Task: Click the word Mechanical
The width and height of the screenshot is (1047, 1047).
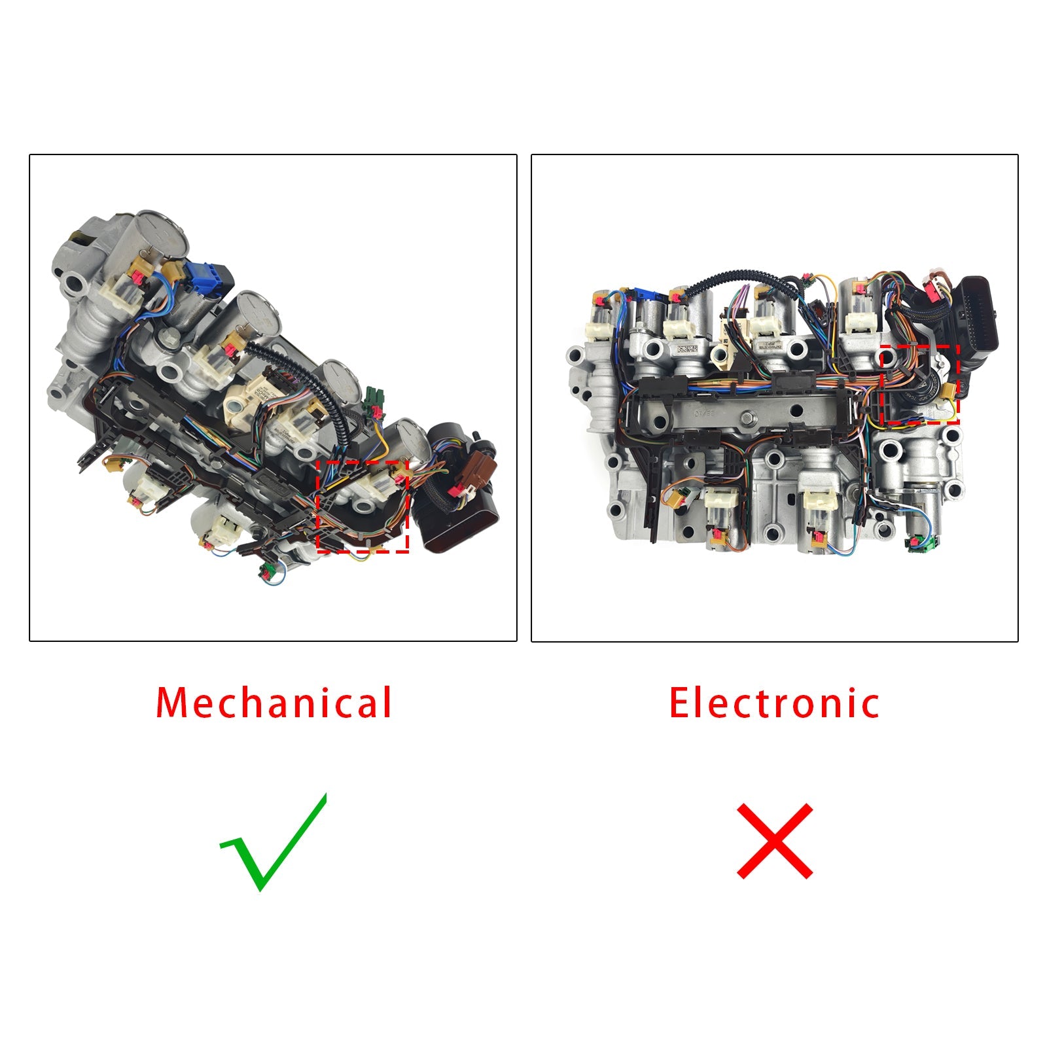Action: point(274,703)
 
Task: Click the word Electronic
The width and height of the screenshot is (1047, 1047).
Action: point(774,703)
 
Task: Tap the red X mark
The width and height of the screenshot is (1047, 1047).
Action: point(775,841)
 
